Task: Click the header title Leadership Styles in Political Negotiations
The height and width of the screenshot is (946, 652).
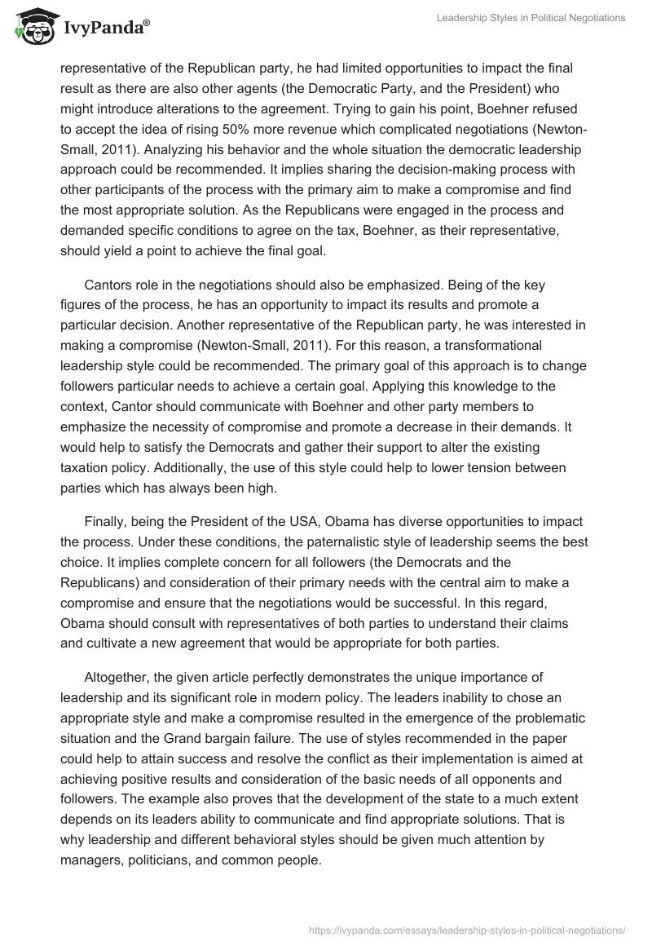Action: click(x=531, y=17)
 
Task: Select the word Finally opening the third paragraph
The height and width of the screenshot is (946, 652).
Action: click(x=106, y=521)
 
